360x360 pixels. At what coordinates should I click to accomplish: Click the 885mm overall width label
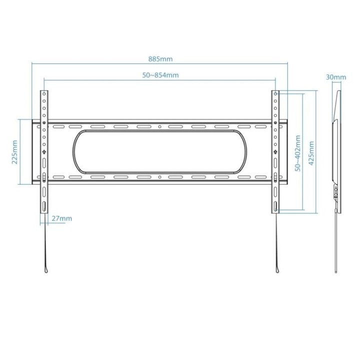point(160,58)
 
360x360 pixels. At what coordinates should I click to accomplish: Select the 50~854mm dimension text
point(160,75)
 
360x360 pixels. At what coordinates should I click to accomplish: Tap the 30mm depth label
point(335,77)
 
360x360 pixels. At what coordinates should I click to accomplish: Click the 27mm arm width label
point(62,218)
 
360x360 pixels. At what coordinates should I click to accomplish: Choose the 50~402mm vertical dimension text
point(298,152)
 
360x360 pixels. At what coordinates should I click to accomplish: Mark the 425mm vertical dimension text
point(312,152)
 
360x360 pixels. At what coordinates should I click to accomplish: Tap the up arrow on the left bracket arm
point(44,151)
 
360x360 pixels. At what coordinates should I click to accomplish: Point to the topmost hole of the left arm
point(44,94)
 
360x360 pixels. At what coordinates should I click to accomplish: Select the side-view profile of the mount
point(337,150)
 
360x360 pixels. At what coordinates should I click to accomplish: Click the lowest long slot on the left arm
point(44,206)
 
